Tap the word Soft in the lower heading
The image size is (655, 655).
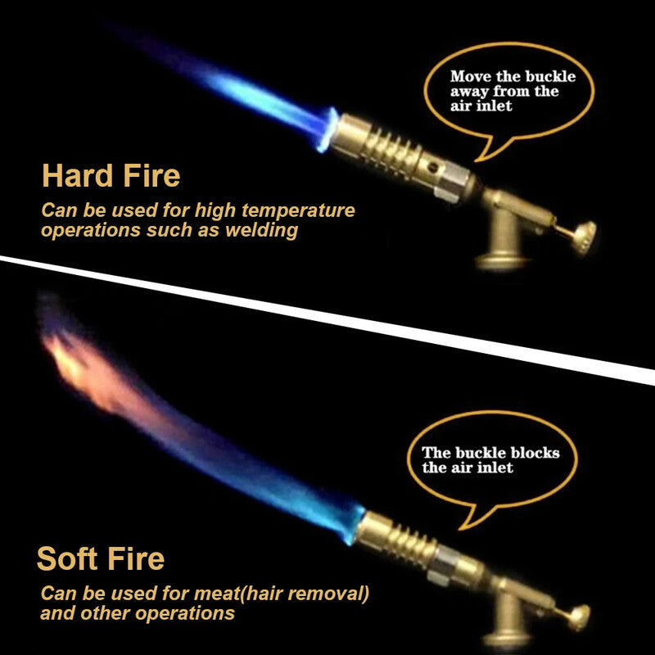(x=67, y=558)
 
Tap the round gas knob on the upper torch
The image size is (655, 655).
(x=583, y=238)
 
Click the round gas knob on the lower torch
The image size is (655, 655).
(x=579, y=617)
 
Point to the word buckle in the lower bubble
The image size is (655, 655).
(x=477, y=452)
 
